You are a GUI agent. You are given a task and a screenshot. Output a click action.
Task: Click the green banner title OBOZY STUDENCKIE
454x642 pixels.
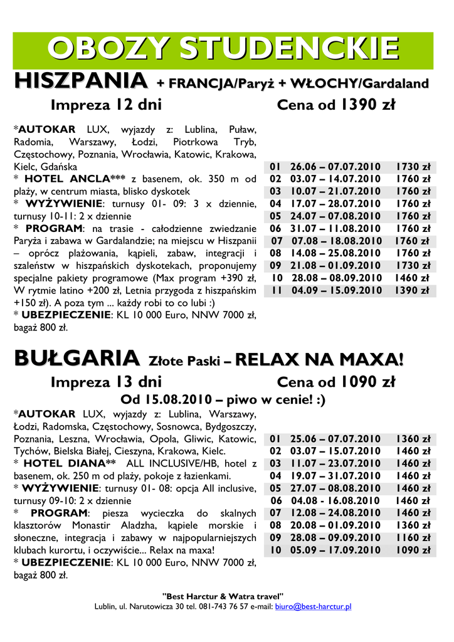pos(224,49)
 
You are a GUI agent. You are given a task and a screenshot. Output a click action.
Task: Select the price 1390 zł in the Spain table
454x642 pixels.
pos(412,290)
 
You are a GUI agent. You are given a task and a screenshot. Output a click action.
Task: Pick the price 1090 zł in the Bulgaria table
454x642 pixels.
pos(412,550)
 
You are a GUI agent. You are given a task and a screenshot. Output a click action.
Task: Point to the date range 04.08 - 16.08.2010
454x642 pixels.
pos(336,500)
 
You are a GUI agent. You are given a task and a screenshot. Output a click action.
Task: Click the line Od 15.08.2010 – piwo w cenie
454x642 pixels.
pos(223,399)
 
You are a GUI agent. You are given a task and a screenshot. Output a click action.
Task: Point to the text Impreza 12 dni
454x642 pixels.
pos(106,105)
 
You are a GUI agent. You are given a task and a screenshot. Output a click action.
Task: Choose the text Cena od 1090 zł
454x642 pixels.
pos(335,382)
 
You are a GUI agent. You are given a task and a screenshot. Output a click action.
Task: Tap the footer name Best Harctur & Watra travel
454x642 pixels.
pos(223,595)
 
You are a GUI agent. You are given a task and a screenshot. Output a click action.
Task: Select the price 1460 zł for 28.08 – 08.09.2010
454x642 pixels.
pos(412,278)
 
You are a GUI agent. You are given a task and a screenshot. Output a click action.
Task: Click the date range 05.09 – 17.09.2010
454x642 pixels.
pos(335,550)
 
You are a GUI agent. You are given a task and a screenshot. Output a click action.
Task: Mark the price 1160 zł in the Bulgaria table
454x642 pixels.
pos(412,537)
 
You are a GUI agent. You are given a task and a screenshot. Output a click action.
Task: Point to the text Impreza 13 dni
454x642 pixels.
pos(106,382)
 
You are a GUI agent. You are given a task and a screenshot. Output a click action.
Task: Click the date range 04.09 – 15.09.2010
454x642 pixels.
pos(336,290)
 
